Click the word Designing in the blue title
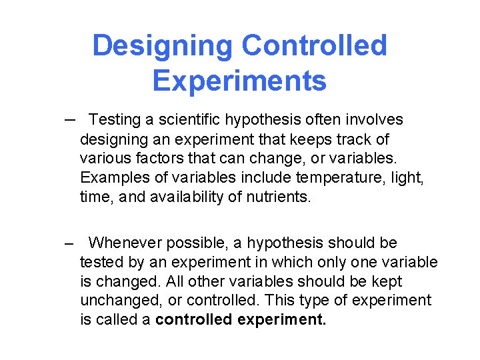tap(163, 46)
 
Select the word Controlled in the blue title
tap(314, 46)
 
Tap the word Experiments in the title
tap(239, 81)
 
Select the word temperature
tap(349, 178)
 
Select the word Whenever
tap(125, 243)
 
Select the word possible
tap(197, 243)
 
